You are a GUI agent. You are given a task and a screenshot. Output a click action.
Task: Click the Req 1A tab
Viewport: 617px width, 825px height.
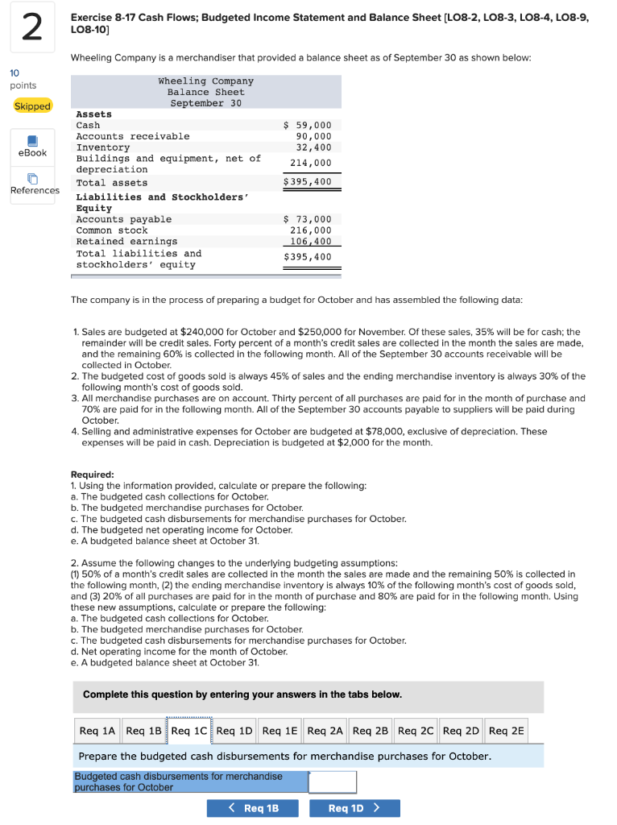[x=97, y=731]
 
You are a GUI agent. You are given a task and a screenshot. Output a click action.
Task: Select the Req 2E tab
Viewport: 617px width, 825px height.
[x=506, y=731]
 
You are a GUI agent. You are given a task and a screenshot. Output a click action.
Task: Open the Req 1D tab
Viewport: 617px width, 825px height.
[x=234, y=731]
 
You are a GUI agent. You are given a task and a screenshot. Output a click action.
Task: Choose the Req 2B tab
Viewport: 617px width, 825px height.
[x=371, y=731]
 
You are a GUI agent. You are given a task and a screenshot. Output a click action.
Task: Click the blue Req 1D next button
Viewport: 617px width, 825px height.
[x=354, y=808]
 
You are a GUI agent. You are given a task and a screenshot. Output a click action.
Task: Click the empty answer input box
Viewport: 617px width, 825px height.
[x=332, y=781]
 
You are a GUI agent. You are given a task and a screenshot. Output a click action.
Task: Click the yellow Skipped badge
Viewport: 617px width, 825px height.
[x=32, y=106]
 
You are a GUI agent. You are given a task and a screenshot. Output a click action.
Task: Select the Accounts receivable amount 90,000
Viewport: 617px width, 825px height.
[x=313, y=137]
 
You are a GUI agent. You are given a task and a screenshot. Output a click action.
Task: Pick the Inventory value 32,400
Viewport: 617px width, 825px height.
[x=313, y=147]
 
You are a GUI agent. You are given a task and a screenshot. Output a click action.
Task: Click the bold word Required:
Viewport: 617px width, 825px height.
[x=93, y=475]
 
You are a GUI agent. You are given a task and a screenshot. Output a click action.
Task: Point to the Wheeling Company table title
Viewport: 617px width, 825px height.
[x=205, y=81]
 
